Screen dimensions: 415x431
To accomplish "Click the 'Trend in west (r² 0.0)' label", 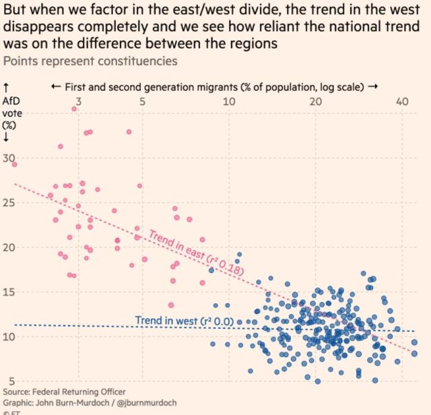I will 184,321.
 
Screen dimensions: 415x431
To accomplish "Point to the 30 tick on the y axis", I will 9,159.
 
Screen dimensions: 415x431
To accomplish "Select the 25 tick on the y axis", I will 9,203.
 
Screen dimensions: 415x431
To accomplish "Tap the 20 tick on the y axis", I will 9,247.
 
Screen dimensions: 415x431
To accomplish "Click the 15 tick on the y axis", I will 9,292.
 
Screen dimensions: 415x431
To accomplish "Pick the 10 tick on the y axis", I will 9,336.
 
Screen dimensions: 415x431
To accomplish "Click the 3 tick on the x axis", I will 79,102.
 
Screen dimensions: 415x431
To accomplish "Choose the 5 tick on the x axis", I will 142,102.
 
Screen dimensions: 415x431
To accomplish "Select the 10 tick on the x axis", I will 228,102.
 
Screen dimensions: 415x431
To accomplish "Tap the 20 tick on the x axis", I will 315,102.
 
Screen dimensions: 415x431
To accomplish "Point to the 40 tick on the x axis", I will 402,102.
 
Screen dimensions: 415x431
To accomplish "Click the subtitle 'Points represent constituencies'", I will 91,61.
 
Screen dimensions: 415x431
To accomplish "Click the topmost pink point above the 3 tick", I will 74,108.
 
